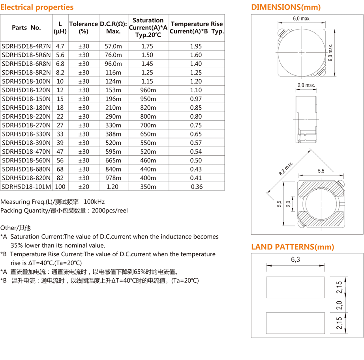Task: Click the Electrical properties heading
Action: click(37, 7)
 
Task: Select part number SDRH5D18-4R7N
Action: click(26, 46)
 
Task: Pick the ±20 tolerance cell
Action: click(84, 187)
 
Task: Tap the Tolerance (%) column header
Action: click(83, 27)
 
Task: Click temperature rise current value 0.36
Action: click(196, 187)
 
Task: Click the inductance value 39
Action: click(60, 143)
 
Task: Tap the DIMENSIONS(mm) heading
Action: click(286, 7)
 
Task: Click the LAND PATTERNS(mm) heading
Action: click(293, 247)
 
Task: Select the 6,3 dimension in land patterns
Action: click(295, 259)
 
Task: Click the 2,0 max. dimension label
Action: click(306, 85)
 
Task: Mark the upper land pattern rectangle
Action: click(295, 287)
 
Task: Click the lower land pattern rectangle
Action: click(295, 323)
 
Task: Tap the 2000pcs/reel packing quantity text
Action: click(110, 211)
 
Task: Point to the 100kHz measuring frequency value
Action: click(97, 202)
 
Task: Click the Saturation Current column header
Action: click(148, 27)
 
